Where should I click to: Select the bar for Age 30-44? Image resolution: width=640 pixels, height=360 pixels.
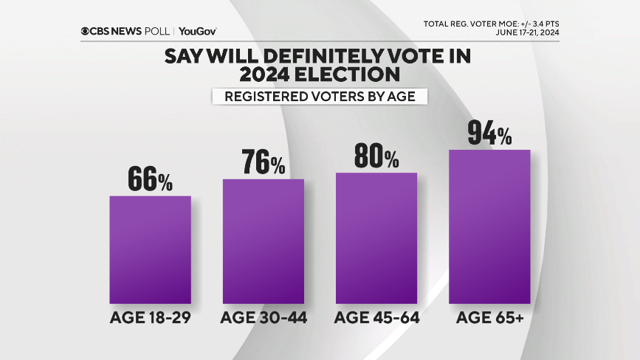coord(264,241)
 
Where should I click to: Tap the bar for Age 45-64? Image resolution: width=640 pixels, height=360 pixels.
coord(376,238)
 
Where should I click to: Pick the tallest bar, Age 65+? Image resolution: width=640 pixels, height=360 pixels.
coord(490,226)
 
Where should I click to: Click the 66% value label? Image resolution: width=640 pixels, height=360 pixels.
coord(150,179)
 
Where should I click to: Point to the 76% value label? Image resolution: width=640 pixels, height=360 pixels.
coord(264,162)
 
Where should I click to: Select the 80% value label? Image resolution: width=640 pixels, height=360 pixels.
coord(376,156)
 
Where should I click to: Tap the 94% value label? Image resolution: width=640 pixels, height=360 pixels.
coord(490,134)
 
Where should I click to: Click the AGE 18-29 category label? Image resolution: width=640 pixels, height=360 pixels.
coord(150,319)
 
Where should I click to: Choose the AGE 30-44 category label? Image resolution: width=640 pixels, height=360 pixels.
coord(264,319)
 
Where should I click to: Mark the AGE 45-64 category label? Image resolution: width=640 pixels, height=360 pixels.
coord(376,319)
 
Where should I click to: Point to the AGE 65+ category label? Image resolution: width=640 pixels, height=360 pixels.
coord(490,319)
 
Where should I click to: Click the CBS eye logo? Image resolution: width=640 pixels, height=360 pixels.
coord(86,31)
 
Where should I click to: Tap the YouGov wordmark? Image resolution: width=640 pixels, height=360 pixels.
coord(197,31)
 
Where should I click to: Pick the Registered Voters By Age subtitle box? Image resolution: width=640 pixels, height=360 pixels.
coord(320,97)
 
